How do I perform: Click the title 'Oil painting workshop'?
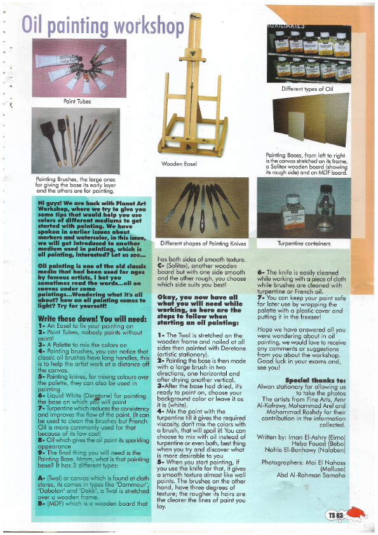tap(102, 25)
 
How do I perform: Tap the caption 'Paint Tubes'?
tap(77, 100)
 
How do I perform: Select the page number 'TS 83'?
tap(335, 515)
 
